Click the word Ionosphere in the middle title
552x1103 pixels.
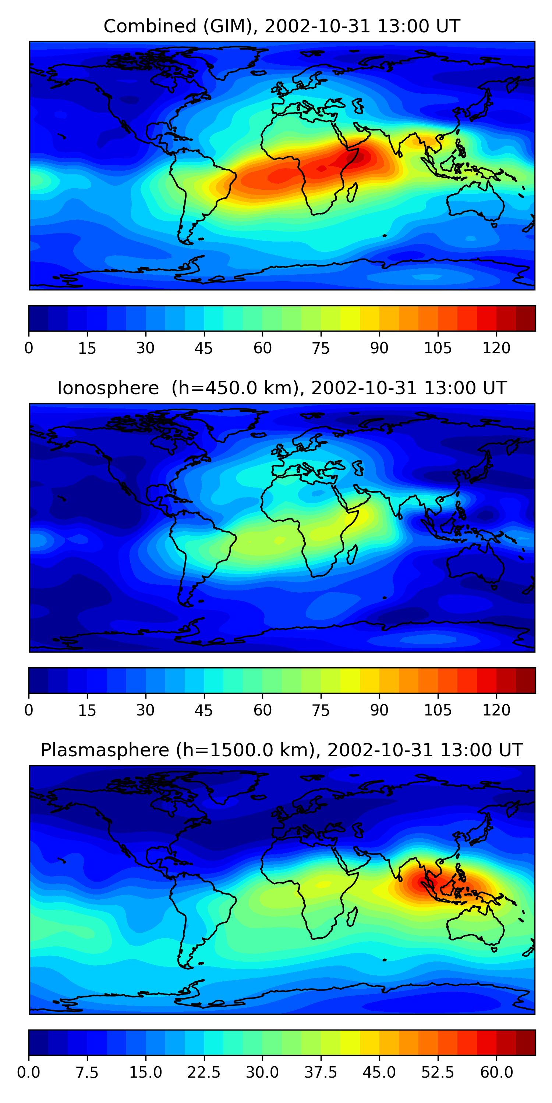click(108, 388)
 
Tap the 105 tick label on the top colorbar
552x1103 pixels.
click(438, 348)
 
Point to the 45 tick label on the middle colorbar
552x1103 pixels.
click(204, 710)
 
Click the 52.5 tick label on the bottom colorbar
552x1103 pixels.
click(438, 1072)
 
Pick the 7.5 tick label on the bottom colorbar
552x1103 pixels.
click(87, 1072)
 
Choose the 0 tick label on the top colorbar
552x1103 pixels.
click(29, 348)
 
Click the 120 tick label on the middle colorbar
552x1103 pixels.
click(496, 710)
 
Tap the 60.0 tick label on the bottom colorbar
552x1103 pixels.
click(496, 1072)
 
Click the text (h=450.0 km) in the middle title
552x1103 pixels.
click(235, 388)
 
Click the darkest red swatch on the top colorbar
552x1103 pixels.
click(526, 318)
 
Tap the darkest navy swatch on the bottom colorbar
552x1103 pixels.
click(39, 1043)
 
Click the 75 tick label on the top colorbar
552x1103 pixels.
click(321, 348)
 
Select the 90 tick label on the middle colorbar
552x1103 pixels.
click(379, 710)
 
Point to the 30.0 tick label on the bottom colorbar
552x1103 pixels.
click(262, 1072)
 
